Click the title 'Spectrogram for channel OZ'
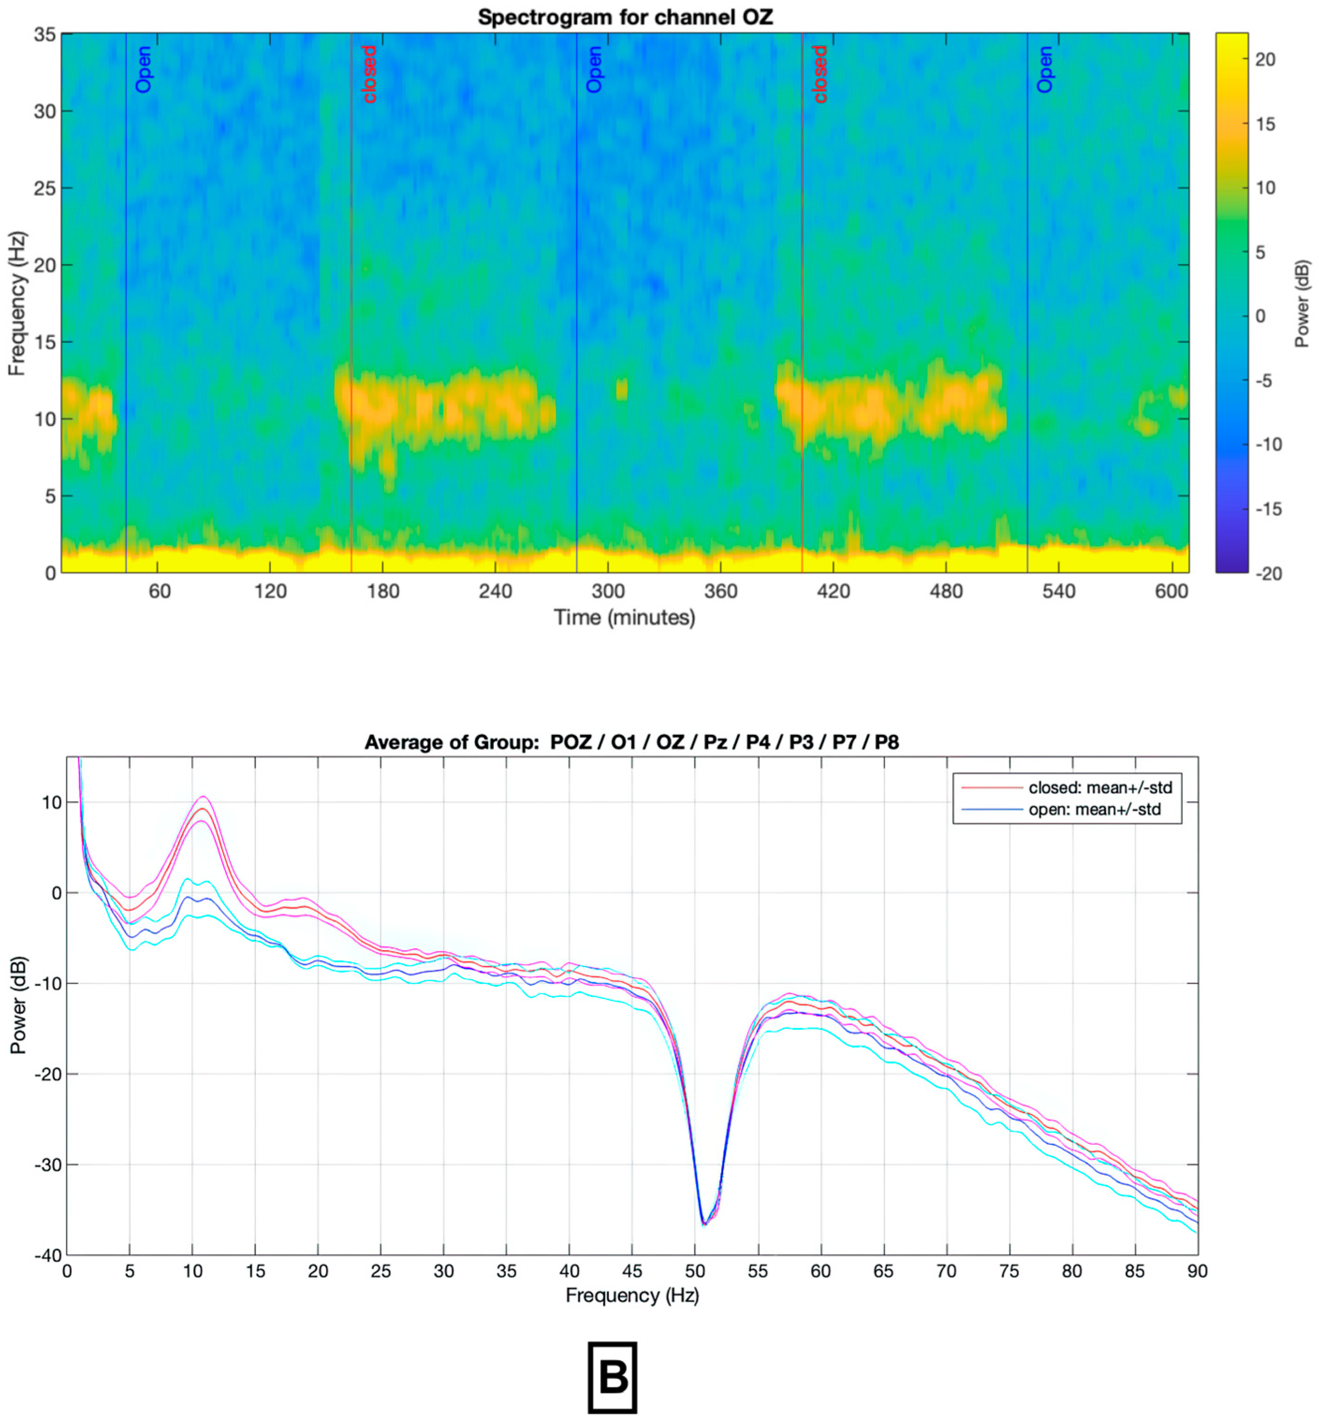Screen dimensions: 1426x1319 click(x=625, y=17)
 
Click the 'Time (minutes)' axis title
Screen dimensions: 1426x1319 click(x=625, y=618)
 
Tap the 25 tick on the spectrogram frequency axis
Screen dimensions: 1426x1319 click(x=44, y=189)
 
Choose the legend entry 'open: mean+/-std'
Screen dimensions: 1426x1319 click(x=1094, y=809)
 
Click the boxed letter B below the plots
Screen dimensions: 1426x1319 click(x=612, y=1377)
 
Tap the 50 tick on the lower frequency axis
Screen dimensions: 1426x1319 click(x=694, y=1271)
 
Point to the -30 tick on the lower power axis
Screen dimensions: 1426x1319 click(x=47, y=1165)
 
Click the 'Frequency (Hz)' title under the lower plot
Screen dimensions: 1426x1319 click(x=632, y=1295)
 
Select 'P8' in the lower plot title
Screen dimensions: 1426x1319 click(x=887, y=742)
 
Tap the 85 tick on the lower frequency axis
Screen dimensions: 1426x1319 click(x=1134, y=1271)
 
